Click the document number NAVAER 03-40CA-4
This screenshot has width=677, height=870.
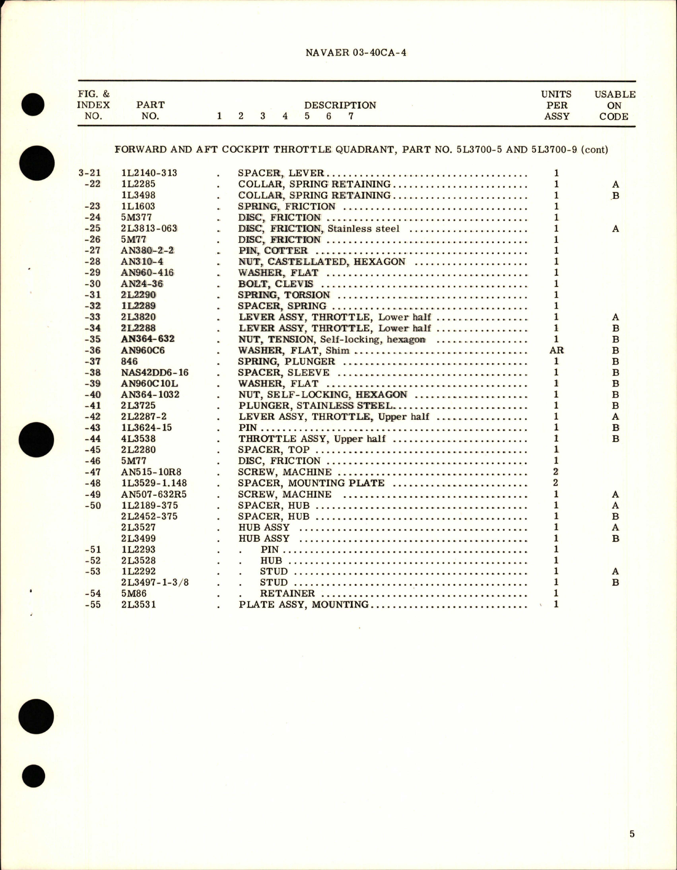(356, 52)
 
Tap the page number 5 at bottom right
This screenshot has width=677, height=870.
(631, 834)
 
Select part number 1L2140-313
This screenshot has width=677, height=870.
(149, 173)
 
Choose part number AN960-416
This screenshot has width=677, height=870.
(147, 273)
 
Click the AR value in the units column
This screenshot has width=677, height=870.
(556, 350)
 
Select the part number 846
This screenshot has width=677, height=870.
(129, 362)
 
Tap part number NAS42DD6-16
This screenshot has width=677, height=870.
(155, 373)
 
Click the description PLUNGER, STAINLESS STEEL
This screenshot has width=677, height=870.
(315, 406)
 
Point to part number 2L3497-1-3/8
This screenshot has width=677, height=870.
(155, 583)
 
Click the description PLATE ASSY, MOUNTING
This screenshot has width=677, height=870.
(303, 604)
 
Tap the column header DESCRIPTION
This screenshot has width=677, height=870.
(340, 105)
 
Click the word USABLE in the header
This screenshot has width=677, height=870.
(614, 94)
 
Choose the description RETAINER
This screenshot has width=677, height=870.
(287, 593)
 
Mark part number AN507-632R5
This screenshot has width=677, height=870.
(154, 494)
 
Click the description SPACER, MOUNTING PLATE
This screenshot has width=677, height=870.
(311, 483)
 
